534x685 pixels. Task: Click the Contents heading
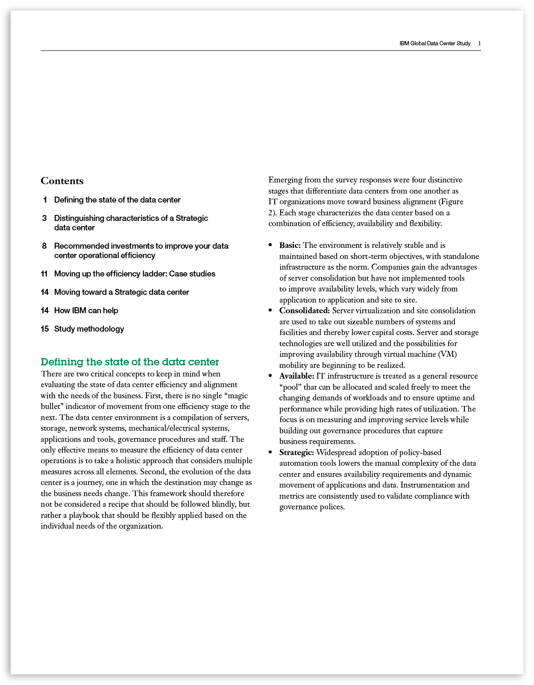(62, 181)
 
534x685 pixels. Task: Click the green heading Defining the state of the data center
(130, 362)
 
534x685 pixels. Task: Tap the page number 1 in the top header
(479, 44)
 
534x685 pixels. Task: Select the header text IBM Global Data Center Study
(434, 44)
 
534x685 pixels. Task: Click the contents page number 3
(44, 218)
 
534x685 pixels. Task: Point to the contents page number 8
(44, 246)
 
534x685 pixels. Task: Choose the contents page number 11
(44, 274)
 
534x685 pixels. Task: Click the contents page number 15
(45, 329)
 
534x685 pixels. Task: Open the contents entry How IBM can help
(86, 311)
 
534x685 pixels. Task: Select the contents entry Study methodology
(89, 329)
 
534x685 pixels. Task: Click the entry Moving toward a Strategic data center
(121, 292)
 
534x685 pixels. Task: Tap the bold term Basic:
(290, 245)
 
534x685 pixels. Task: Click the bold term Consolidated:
(305, 311)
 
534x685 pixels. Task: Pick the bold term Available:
(297, 376)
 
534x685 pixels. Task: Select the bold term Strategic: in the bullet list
(296, 453)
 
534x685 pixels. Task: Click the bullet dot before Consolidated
(270, 311)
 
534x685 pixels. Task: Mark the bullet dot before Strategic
(270, 453)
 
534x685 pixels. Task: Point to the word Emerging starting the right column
(285, 180)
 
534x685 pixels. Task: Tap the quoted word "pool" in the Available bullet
(290, 387)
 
